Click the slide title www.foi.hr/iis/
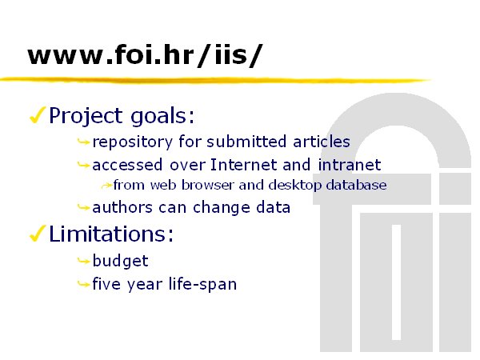[145, 55]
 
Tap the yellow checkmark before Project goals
[38, 115]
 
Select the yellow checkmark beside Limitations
[38, 234]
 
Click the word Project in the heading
[86, 116]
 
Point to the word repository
[133, 142]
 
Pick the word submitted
[246, 142]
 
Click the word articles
[322, 142]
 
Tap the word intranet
[350, 165]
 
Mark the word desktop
[294, 186]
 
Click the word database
[356, 186]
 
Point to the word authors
[122, 207]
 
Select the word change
[222, 208]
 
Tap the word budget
[120, 262]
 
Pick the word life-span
[202, 284]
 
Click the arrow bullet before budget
[83, 261]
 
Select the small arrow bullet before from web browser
[107, 186]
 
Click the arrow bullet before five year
[83, 284]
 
